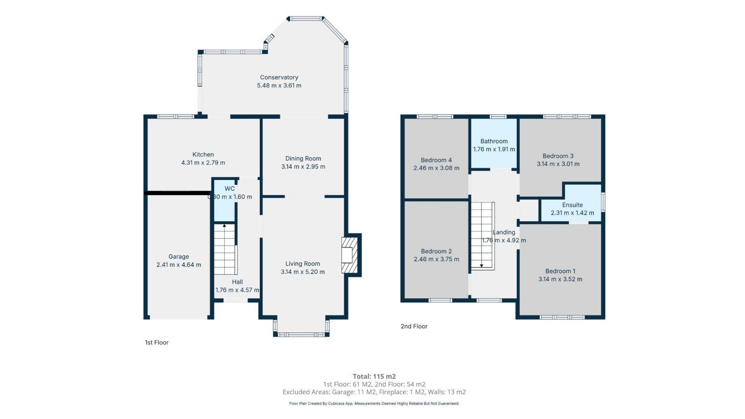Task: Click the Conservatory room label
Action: pyautogui.click(x=279, y=77)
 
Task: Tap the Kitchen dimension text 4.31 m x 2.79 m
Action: pyautogui.click(x=203, y=163)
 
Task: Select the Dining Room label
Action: pyautogui.click(x=303, y=158)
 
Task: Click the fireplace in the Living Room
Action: pyautogui.click(x=351, y=255)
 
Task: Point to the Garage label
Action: pyautogui.click(x=179, y=257)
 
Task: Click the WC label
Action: pyautogui.click(x=230, y=189)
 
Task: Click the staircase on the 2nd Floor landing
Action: pyautogui.click(x=482, y=236)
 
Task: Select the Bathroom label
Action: pyautogui.click(x=494, y=141)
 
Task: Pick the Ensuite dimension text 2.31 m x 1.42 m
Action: pyautogui.click(x=572, y=213)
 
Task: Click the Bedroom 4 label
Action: pyautogui.click(x=436, y=160)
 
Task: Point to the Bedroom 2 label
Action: pyautogui.click(x=436, y=251)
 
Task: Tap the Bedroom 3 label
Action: pyautogui.click(x=558, y=156)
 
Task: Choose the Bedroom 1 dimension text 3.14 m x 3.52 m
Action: pyautogui.click(x=560, y=279)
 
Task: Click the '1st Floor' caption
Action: pyautogui.click(x=157, y=343)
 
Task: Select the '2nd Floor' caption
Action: pyautogui.click(x=414, y=326)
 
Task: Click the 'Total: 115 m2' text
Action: pyautogui.click(x=374, y=376)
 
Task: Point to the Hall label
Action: pyautogui.click(x=237, y=282)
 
